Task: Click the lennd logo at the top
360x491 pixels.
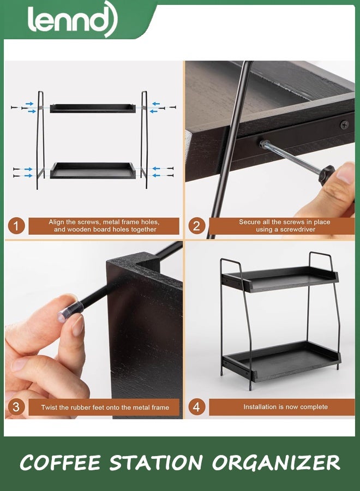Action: (x=72, y=21)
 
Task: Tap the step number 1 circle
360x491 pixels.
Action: (x=16, y=226)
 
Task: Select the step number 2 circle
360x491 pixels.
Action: (x=197, y=226)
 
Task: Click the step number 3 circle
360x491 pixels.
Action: (x=16, y=407)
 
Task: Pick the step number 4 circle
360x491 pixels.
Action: (x=197, y=407)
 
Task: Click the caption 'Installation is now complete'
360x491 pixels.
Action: (x=285, y=407)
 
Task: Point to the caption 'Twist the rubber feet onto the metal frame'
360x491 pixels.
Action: (x=105, y=407)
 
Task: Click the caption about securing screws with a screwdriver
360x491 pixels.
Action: (x=284, y=226)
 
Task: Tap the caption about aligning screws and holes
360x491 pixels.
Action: (x=104, y=226)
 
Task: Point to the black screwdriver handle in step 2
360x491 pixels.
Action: (x=326, y=175)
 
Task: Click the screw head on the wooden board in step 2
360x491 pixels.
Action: (x=344, y=125)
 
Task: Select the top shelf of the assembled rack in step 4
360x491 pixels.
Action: (x=281, y=278)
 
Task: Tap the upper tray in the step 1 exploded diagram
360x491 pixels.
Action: (x=92, y=107)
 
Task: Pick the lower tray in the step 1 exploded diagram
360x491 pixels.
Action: (x=92, y=170)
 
